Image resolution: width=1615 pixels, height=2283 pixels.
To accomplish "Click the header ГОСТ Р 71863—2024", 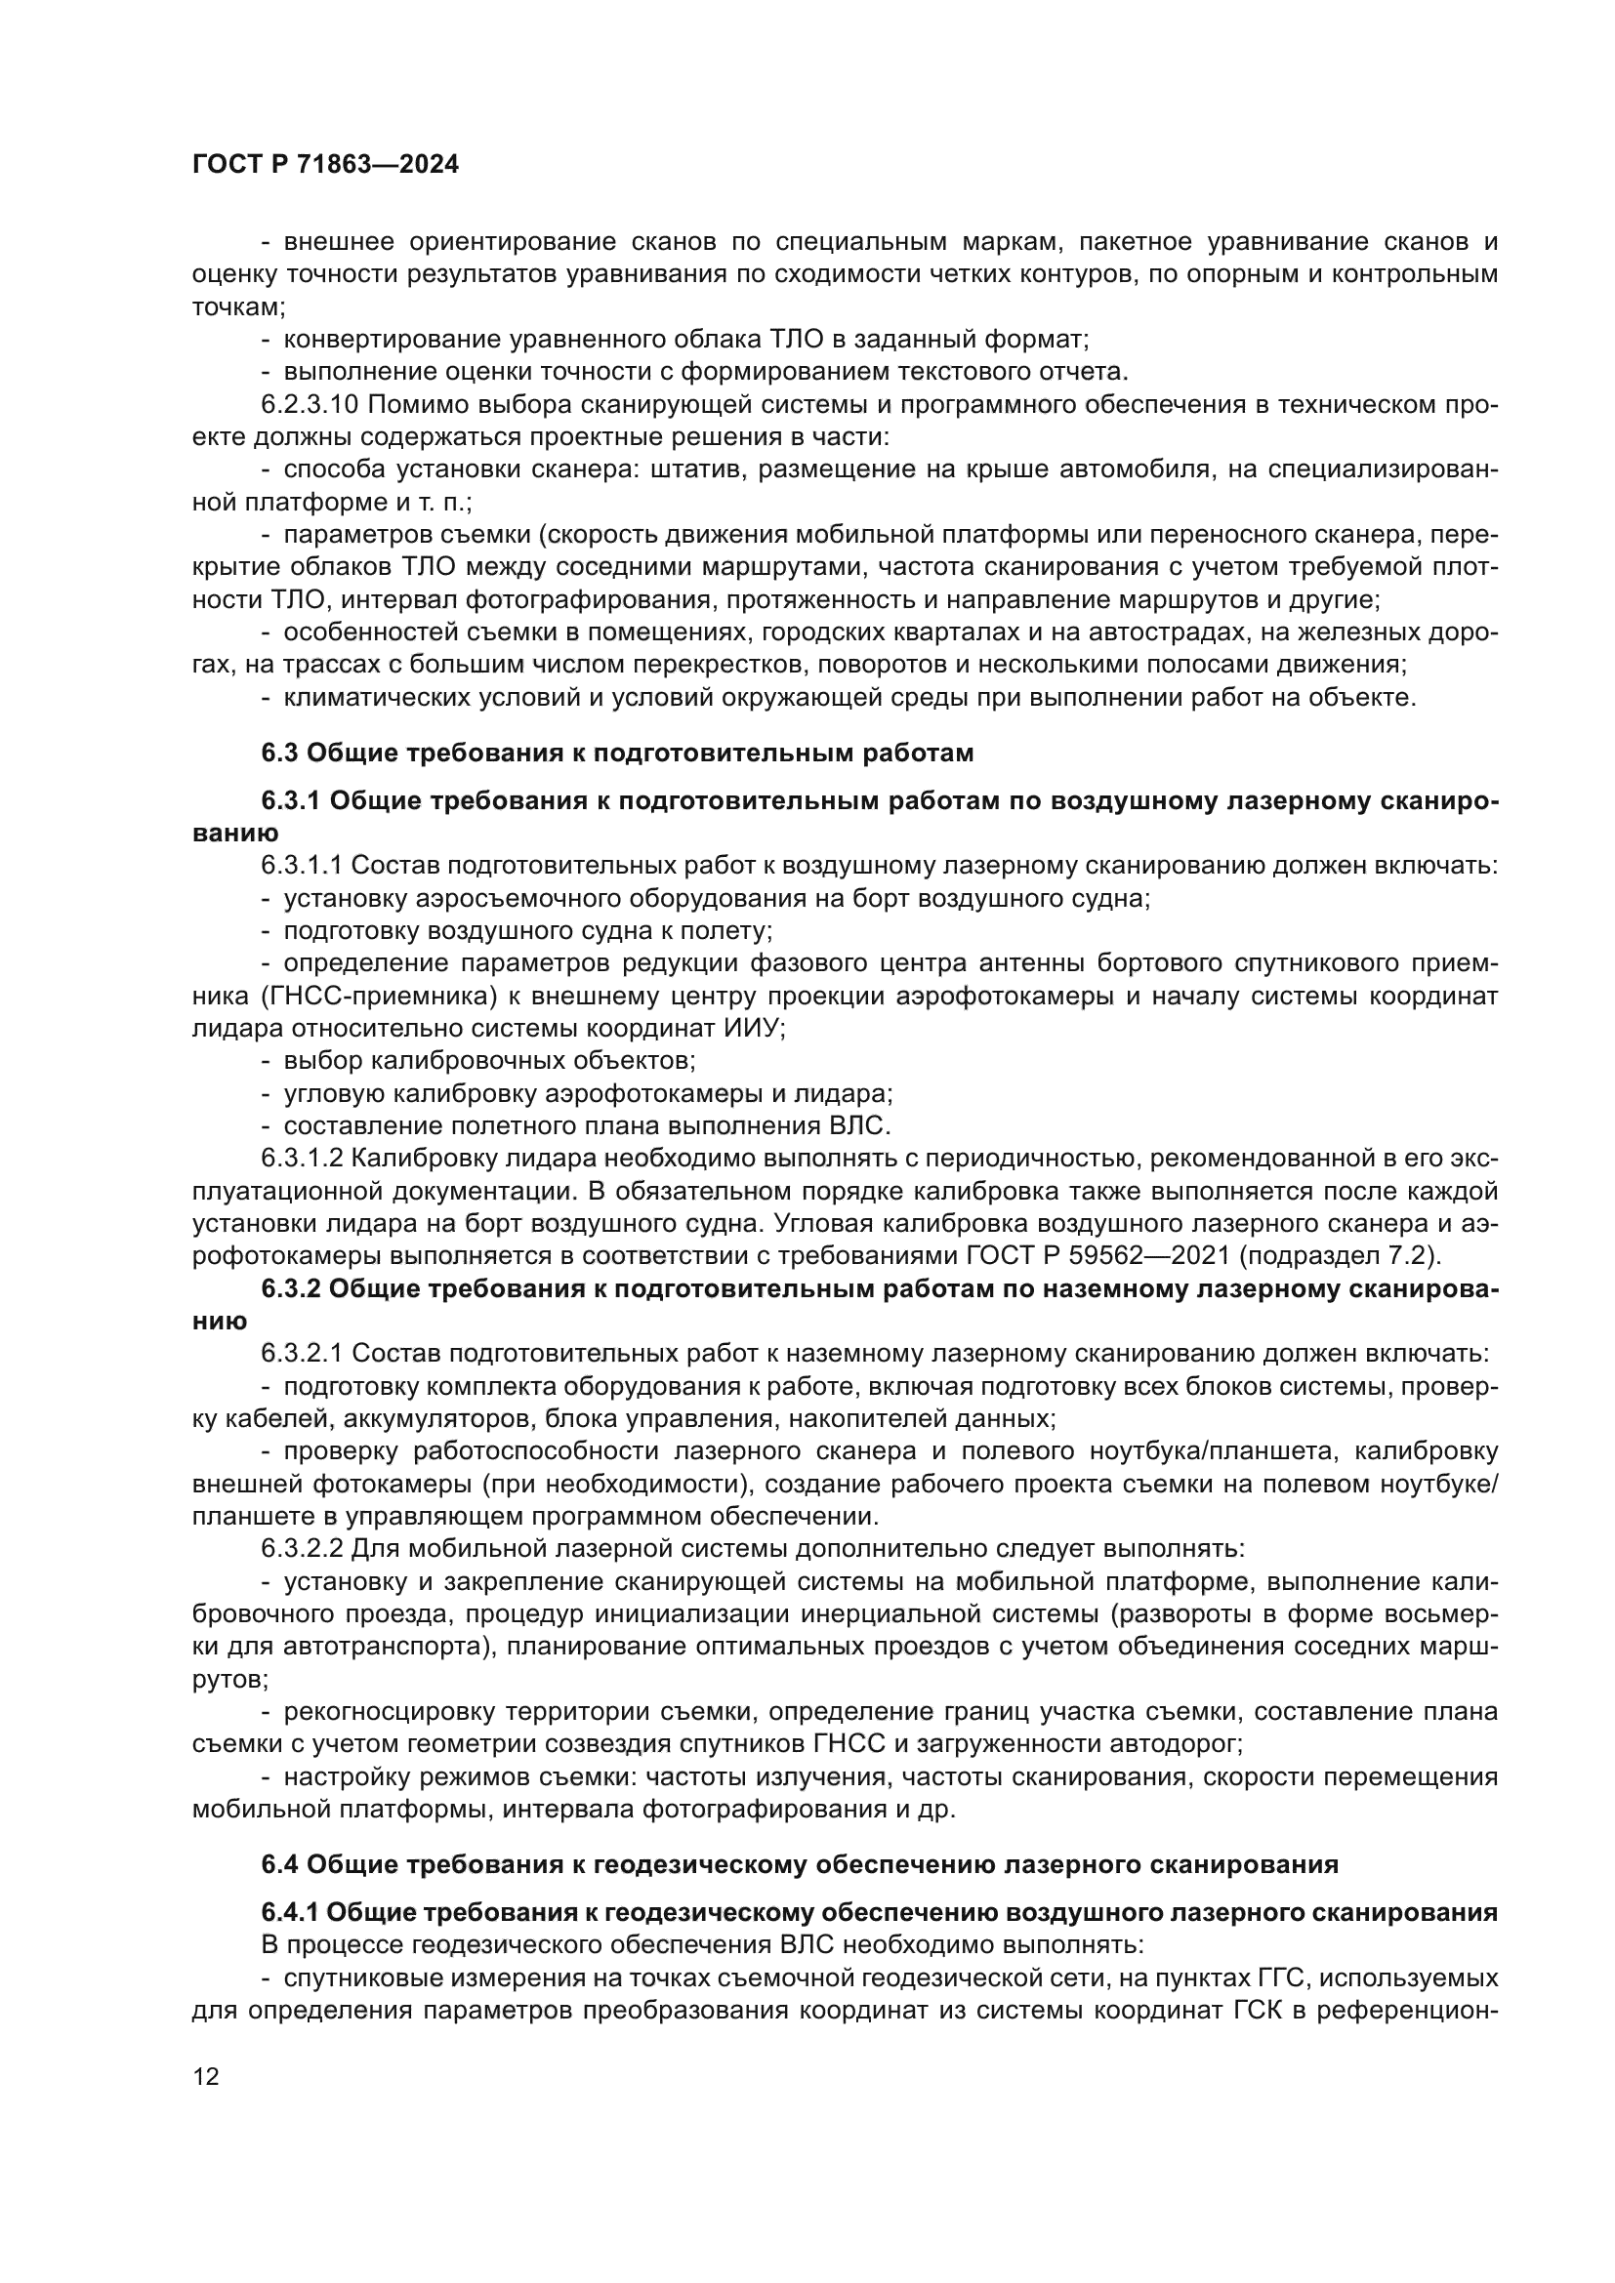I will click(x=325, y=165).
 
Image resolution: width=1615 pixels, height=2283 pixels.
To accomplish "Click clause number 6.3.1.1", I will click(x=303, y=865).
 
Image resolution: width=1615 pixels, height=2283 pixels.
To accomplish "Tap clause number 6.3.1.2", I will click(x=303, y=1159).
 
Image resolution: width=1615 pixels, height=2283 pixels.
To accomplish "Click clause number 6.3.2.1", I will click(x=303, y=1353).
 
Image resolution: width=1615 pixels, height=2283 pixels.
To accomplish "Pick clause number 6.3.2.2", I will click(x=303, y=1548).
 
